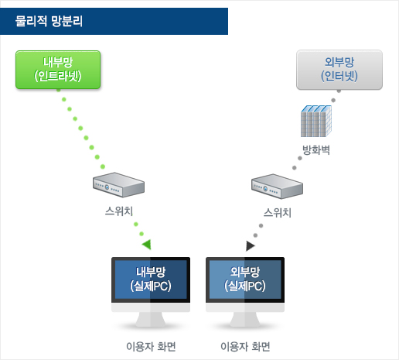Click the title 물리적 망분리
(x=49, y=21)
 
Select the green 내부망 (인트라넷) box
(x=58, y=70)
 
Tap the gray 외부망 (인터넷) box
(x=339, y=70)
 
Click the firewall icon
(x=316, y=121)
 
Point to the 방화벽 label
(x=316, y=150)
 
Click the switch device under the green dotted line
(x=118, y=185)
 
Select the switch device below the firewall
(x=277, y=187)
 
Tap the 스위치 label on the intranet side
(x=119, y=211)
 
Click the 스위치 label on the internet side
(x=278, y=213)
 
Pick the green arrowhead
(x=147, y=245)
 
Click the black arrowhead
(x=250, y=246)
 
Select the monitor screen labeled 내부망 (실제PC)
(x=151, y=279)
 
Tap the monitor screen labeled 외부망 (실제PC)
(x=245, y=279)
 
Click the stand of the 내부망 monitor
(x=151, y=320)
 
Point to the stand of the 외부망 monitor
(x=245, y=320)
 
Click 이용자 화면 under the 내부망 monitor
(x=151, y=347)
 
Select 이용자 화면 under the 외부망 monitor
(x=245, y=347)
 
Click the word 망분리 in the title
(x=67, y=21)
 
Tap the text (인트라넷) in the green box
(x=58, y=76)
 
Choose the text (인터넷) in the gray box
(x=339, y=76)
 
